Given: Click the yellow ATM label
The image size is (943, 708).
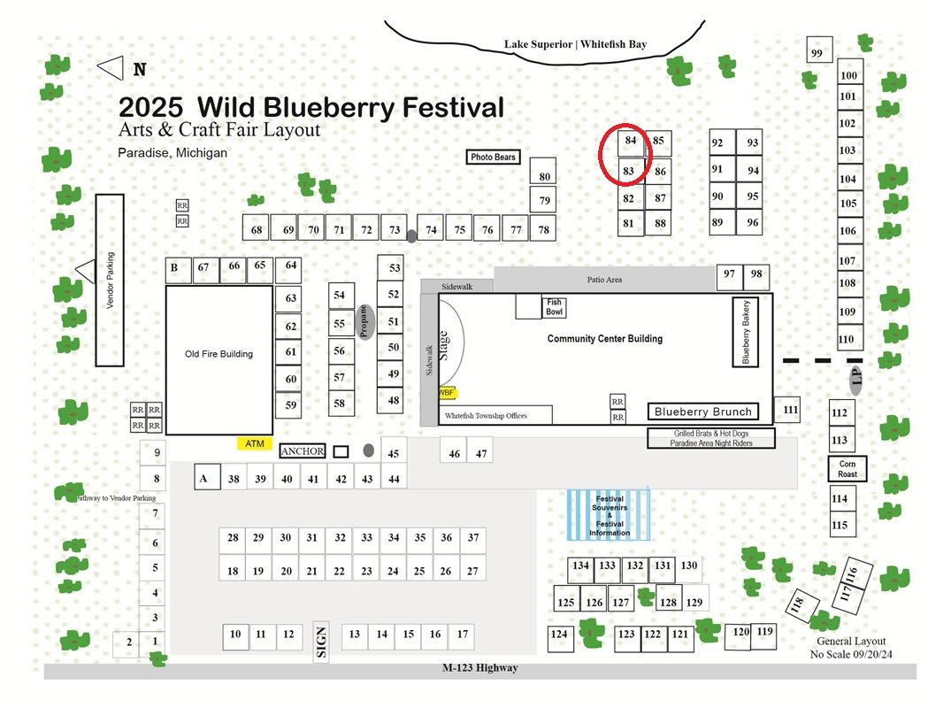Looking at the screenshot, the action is [255, 444].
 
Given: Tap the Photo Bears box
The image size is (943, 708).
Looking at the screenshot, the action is [493, 157].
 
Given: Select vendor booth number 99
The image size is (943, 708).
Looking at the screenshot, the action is [819, 50].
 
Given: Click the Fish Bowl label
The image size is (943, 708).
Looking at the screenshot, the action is [554, 307].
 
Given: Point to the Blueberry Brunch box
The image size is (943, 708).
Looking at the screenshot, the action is [703, 412].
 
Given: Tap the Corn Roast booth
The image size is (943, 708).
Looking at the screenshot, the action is [847, 468].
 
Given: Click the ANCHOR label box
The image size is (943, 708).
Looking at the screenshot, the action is [303, 451].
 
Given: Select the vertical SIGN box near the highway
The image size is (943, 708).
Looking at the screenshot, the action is [321, 642].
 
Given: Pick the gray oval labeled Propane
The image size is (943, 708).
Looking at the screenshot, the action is [364, 322].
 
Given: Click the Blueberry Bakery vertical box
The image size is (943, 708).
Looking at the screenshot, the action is [745, 332].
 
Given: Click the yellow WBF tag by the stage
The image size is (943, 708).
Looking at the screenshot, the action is [448, 393].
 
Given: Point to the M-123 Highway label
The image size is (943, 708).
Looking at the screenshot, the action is [480, 667].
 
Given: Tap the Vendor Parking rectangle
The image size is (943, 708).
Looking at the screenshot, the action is [110, 281].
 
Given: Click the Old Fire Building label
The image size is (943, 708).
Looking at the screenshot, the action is [218, 354].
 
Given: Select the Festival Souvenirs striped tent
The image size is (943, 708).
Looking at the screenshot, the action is [609, 515].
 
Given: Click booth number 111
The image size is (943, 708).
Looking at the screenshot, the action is [787, 410].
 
